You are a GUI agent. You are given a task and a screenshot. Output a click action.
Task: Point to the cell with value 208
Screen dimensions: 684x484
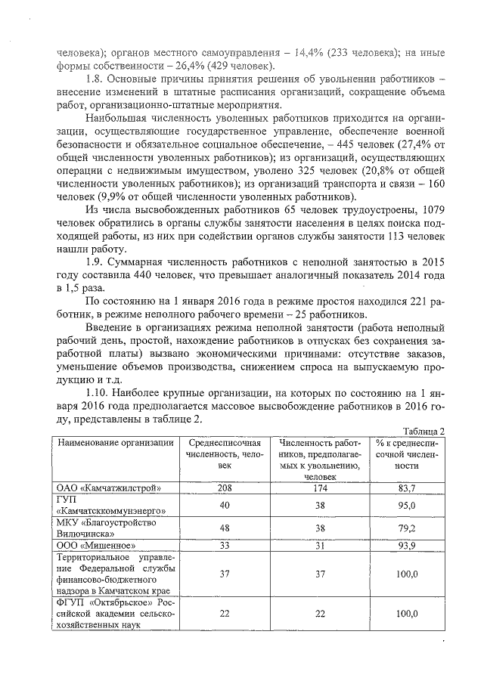[x=219, y=488]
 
